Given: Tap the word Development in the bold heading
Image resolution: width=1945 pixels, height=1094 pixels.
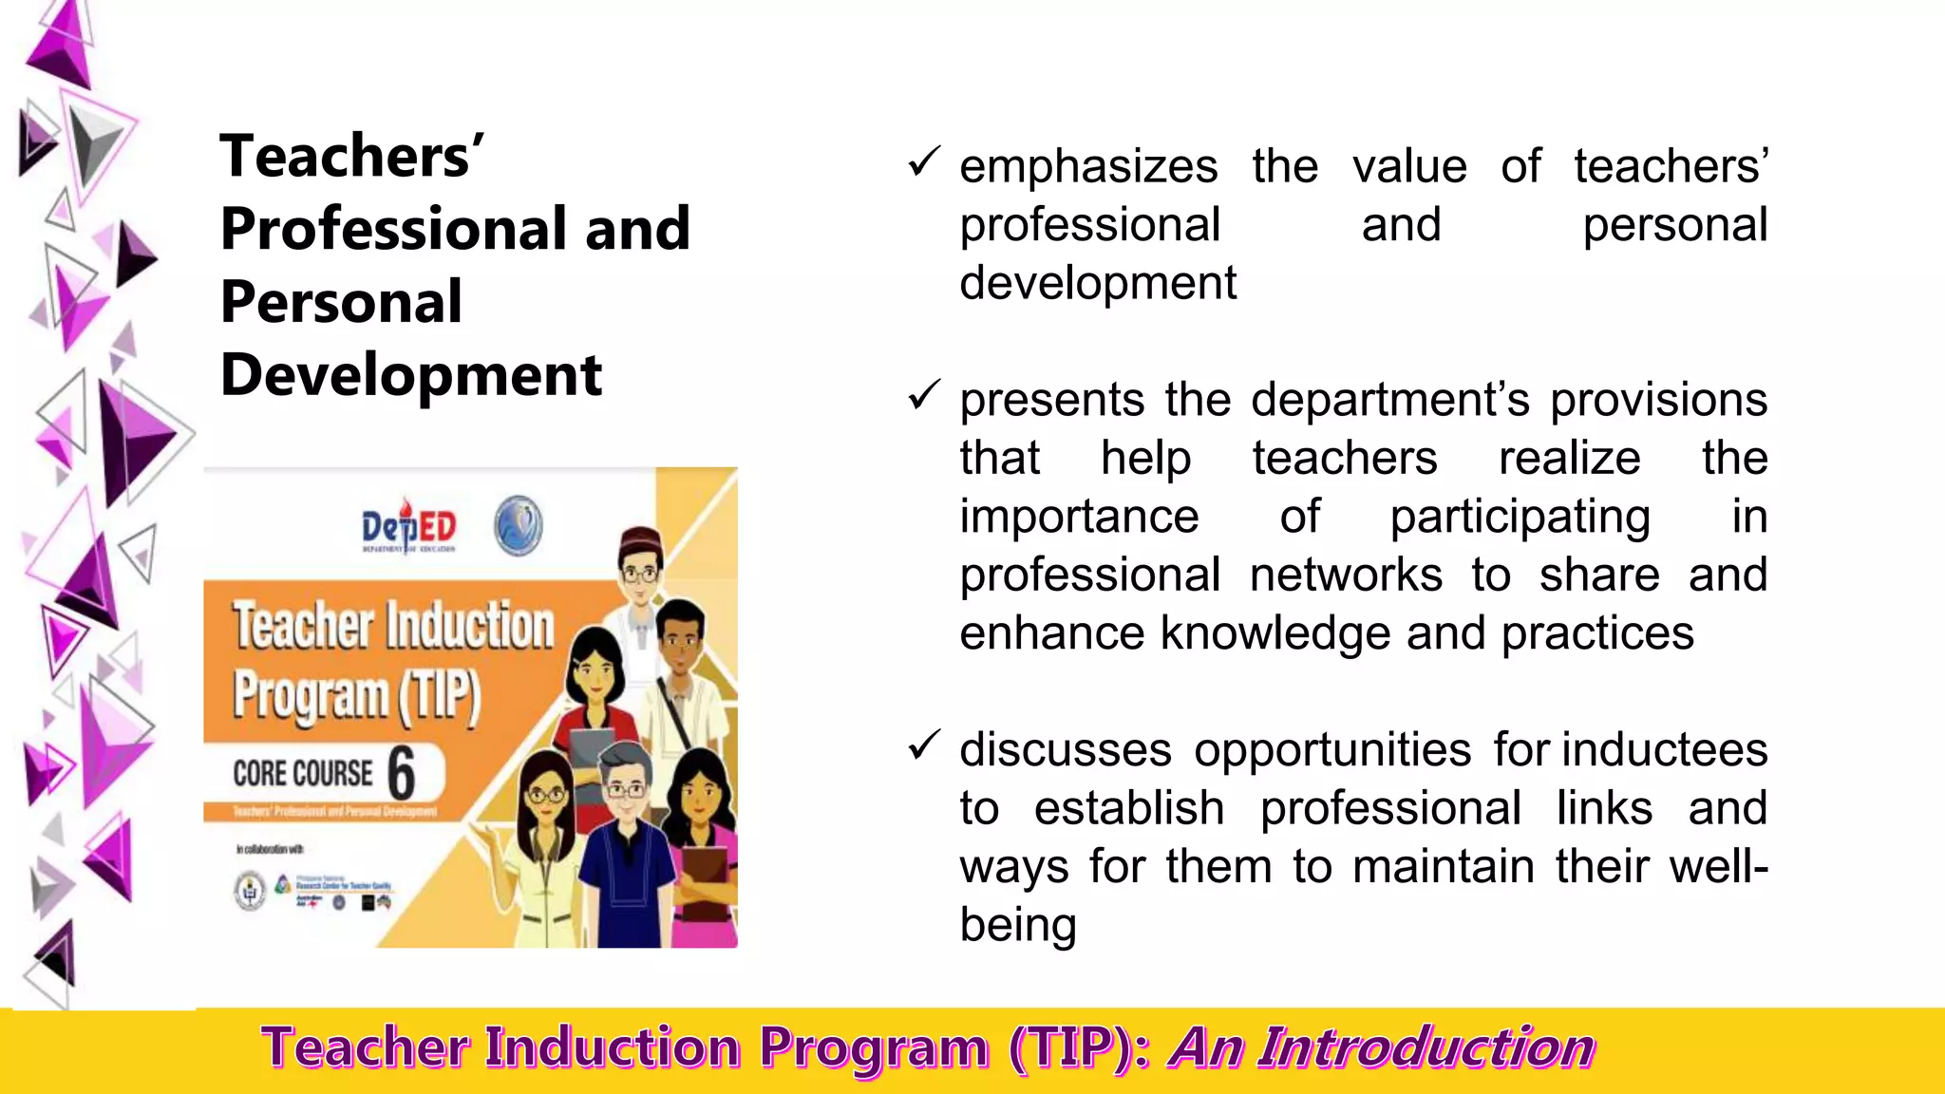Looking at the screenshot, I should pos(410,375).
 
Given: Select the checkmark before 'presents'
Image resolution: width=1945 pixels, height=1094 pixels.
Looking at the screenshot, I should pos(923,395).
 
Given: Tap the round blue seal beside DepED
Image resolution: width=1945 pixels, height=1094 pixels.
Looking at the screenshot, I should pos(519,525).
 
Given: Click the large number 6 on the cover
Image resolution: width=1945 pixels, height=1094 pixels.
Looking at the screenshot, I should pos(402,773).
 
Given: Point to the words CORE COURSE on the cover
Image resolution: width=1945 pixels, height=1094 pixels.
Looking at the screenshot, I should pos(302,773).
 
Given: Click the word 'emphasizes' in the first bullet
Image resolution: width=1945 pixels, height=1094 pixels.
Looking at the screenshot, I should pos(1087,167).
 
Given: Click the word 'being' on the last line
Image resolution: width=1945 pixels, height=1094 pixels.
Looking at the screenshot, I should pos(1017,925).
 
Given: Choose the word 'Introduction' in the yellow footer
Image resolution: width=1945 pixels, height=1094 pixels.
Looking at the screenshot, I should pos(1427,1048).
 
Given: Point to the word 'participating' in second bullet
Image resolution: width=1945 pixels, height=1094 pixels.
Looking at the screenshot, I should pos(1520,518).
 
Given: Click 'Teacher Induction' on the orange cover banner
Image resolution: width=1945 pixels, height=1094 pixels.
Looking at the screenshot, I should pos(392,627).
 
